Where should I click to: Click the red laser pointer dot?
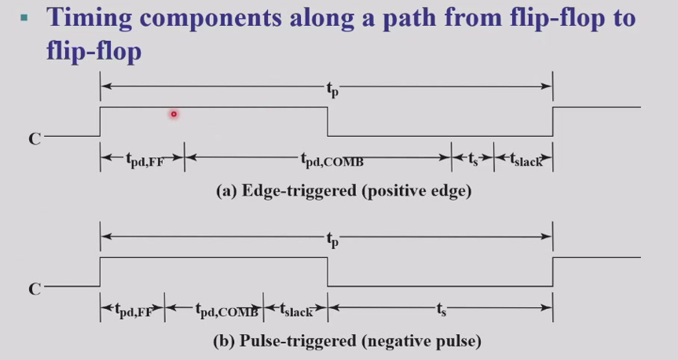[x=174, y=114]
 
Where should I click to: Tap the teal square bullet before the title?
[x=24, y=18]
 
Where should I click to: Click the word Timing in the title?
[x=90, y=18]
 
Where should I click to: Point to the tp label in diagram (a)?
[x=332, y=89]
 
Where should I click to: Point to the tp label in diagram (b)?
[x=332, y=239]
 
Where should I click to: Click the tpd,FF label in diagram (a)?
[x=145, y=160]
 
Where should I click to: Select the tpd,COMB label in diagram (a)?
[x=332, y=160]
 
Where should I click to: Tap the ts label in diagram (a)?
[x=473, y=159]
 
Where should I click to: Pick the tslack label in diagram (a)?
[x=526, y=160]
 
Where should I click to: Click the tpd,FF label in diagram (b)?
[x=134, y=310]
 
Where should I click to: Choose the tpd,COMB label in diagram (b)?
[x=227, y=310]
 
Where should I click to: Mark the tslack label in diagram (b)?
[x=296, y=310]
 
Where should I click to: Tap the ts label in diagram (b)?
[x=441, y=309]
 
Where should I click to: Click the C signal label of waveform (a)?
[x=35, y=139]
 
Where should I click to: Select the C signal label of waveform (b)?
[x=35, y=289]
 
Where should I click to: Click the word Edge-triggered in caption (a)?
[x=299, y=190]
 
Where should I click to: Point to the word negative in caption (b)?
[x=396, y=341]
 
